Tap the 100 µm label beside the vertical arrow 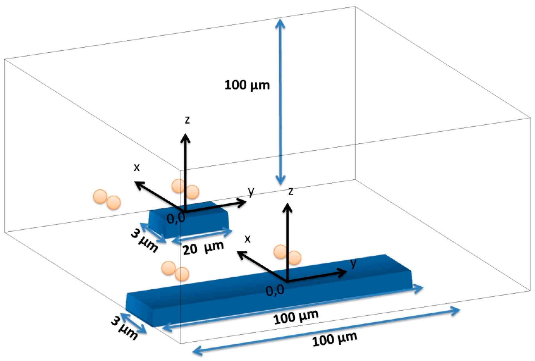coord(247,85)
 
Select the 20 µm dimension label coord(203,248)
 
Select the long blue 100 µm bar coord(267,292)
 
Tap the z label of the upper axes coord(187,120)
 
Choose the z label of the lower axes coord(291,191)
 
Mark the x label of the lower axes coord(247,239)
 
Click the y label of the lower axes coord(353,262)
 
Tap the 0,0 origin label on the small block coord(176,218)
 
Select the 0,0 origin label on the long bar coord(275,291)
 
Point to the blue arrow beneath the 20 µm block coord(202,236)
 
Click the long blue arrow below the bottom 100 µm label coord(326,330)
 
